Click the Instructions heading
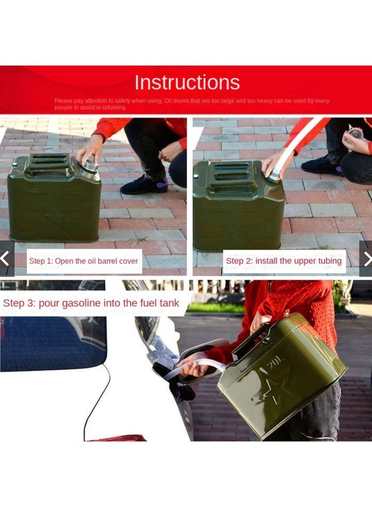(187, 82)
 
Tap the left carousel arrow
(5, 258)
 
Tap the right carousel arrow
(367, 258)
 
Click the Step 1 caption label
(84, 261)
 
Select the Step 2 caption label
(284, 261)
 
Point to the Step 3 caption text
(91, 303)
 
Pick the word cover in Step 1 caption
(128, 261)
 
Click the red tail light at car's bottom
(119, 438)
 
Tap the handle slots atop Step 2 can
(231, 171)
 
